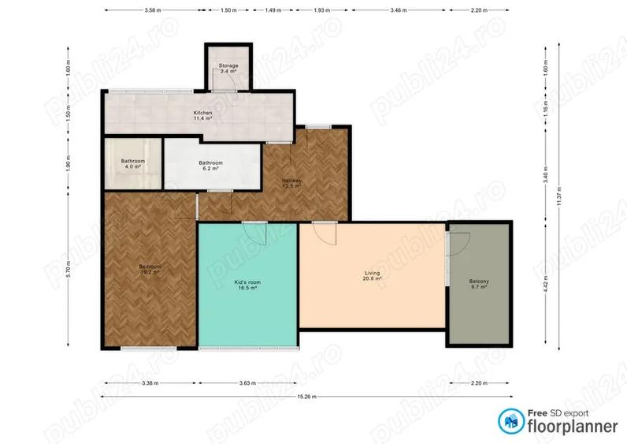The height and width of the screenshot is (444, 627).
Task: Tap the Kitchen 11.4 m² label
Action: point(203,116)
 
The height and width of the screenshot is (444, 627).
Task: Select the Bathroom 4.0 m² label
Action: point(132,164)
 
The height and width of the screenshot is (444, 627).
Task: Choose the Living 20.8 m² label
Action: point(372,276)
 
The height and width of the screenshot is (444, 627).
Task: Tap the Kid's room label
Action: point(247,285)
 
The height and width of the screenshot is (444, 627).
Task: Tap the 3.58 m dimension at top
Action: point(153,11)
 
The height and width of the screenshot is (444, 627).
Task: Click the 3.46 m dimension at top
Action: point(399,11)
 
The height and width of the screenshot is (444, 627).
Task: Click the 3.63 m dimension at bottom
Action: point(247,383)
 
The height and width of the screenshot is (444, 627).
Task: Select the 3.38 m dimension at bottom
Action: point(150,383)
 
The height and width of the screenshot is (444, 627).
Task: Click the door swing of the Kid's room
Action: point(255,234)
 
